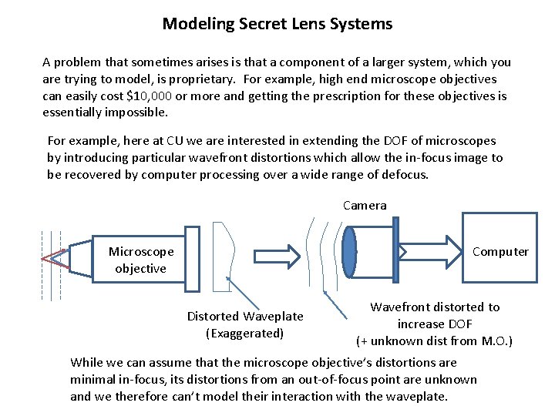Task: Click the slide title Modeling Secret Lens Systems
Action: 277,24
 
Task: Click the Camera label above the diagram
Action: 365,205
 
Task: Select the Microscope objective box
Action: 140,260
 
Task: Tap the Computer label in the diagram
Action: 500,252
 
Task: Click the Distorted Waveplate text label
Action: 245,317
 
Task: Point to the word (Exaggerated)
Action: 245,333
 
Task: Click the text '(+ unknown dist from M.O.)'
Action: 435,341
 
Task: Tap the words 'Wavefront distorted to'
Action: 435,307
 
